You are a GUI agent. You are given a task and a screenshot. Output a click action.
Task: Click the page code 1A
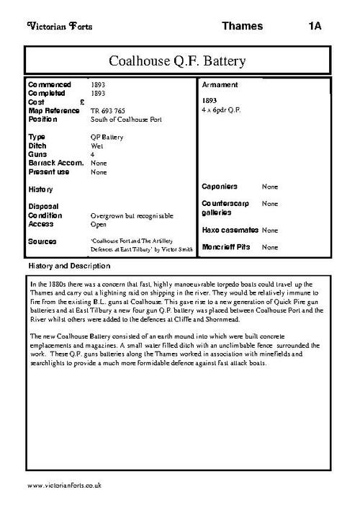click(314, 26)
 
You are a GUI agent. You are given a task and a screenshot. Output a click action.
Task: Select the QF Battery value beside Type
click(107, 137)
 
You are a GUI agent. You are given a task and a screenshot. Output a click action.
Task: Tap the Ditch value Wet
click(98, 146)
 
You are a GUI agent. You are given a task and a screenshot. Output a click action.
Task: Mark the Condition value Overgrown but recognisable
click(132, 215)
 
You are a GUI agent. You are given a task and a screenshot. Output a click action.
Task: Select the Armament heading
click(219, 85)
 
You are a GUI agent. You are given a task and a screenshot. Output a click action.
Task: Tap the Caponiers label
click(219, 187)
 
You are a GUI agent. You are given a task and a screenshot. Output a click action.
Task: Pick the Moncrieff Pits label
click(225, 247)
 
